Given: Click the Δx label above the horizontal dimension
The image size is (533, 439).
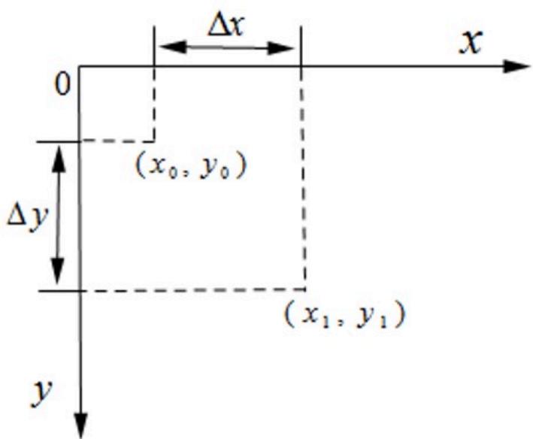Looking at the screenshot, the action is [226, 26].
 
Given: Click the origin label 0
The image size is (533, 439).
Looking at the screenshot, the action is [63, 85].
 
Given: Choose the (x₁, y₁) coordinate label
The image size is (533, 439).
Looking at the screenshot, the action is [344, 315].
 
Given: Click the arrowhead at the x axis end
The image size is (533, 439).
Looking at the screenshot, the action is [516, 66].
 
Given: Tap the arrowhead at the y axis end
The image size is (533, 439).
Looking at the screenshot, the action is [81, 425].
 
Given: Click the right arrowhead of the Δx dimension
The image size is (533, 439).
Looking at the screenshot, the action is [280, 48].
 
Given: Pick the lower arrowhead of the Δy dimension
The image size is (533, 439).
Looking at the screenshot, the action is [57, 271].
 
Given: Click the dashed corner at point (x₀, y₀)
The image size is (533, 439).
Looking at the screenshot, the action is [155, 141].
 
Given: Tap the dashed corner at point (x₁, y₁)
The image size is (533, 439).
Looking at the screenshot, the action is [305, 289].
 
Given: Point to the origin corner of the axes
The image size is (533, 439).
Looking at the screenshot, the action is [79, 66].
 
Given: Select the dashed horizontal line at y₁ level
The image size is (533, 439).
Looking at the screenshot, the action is [193, 290].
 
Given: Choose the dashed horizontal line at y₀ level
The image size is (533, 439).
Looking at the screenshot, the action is [117, 141].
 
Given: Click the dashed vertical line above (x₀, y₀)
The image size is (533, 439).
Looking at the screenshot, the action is [155, 104].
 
